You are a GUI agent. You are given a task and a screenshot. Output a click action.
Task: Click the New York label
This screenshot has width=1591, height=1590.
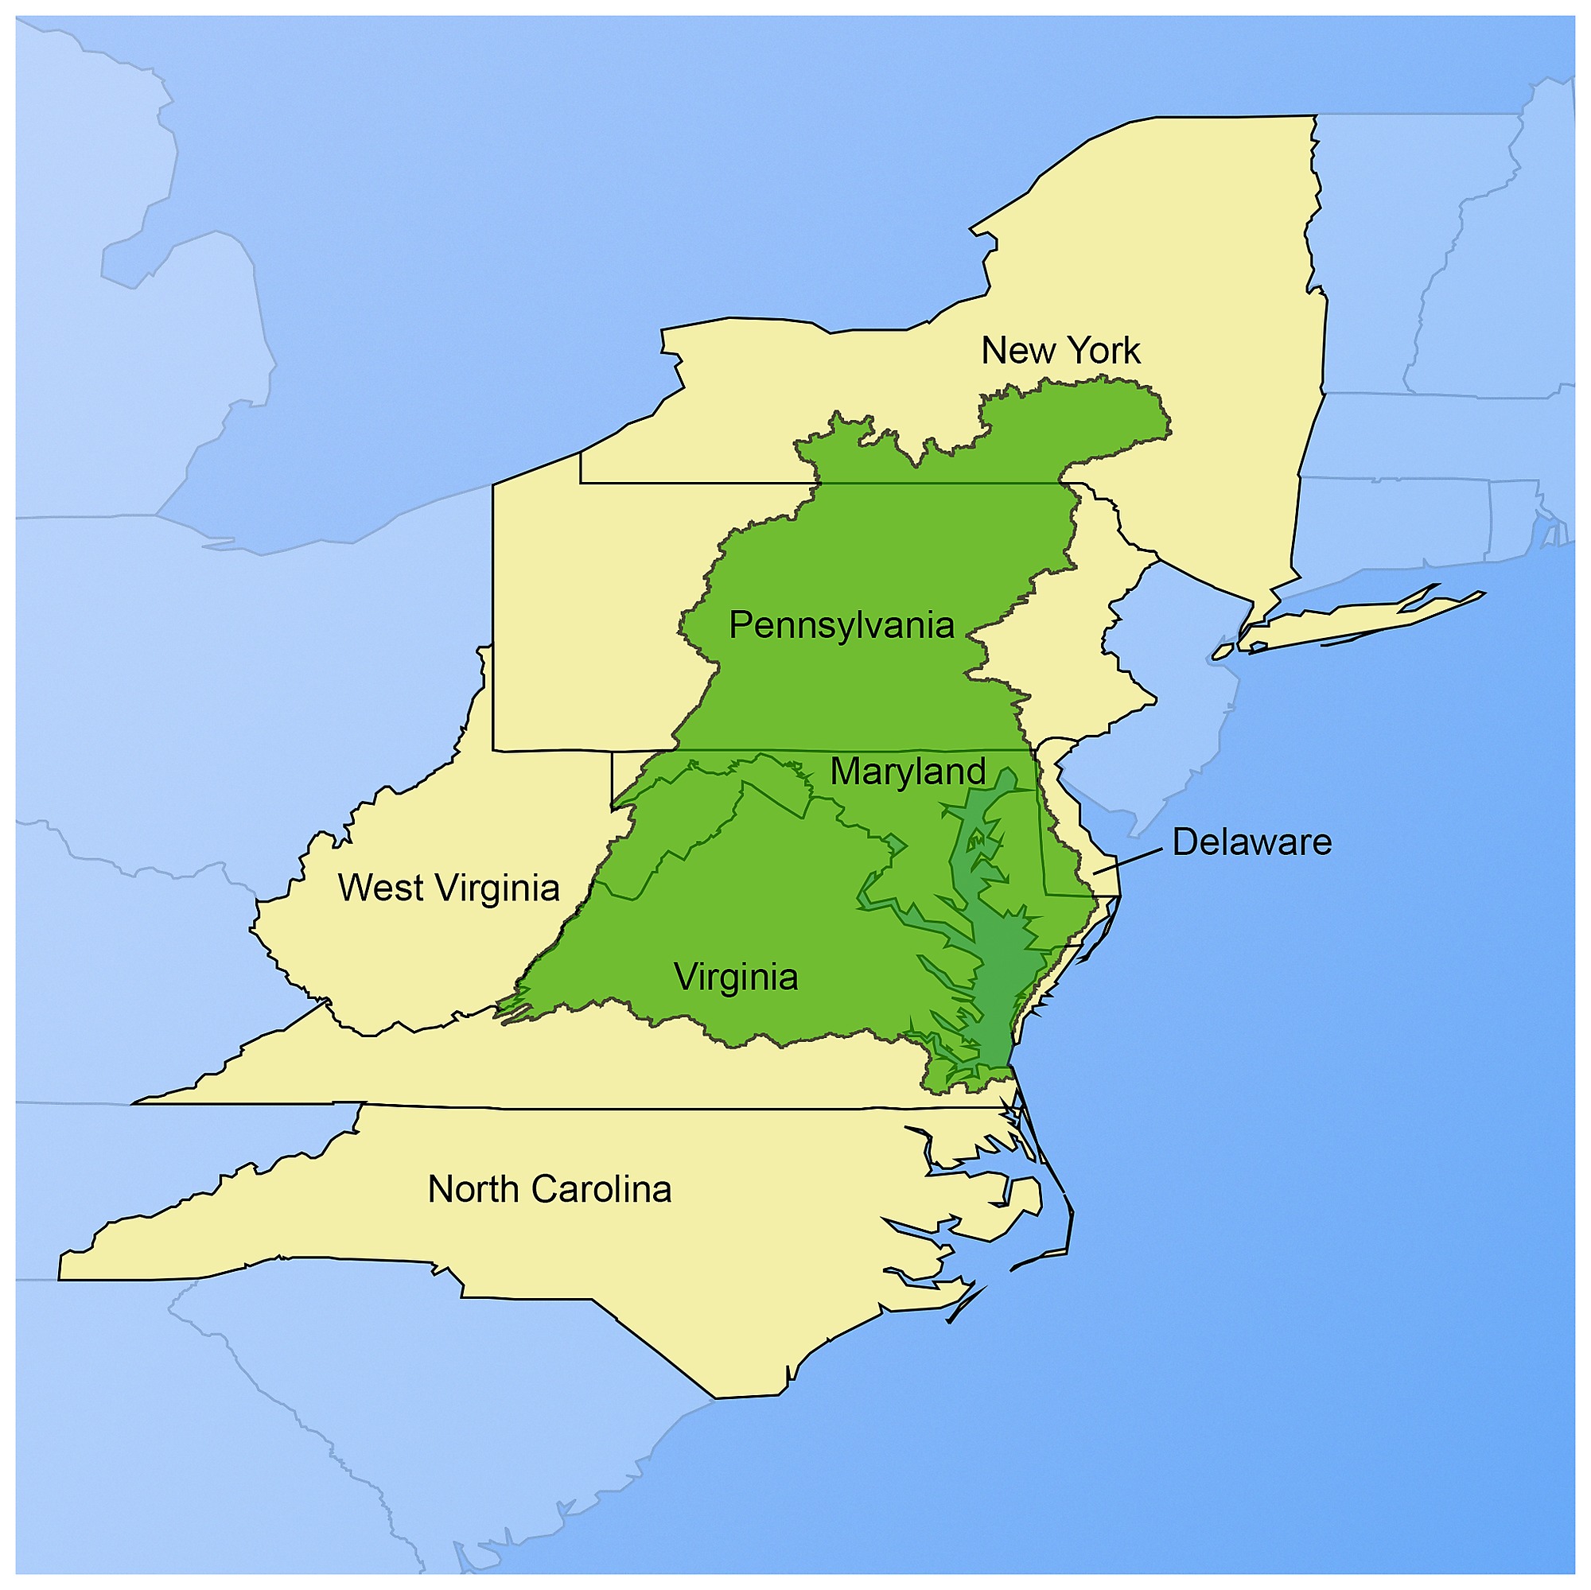[1060, 352]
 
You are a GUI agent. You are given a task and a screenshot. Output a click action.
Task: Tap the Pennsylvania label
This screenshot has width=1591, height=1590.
[841, 626]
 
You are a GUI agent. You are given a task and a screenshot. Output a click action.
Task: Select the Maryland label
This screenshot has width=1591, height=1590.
[908, 772]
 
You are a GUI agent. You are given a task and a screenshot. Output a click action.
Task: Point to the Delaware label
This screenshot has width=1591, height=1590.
[1251, 842]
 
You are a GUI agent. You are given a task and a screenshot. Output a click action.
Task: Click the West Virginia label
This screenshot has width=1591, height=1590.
[449, 888]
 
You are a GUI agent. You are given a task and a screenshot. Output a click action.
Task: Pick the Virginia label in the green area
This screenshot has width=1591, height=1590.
[735, 978]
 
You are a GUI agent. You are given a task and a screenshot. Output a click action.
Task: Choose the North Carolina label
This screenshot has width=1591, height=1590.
[549, 1190]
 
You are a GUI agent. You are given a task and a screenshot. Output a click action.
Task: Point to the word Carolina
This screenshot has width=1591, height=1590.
[601, 1190]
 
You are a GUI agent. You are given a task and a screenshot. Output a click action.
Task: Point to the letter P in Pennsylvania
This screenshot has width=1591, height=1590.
[741, 626]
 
